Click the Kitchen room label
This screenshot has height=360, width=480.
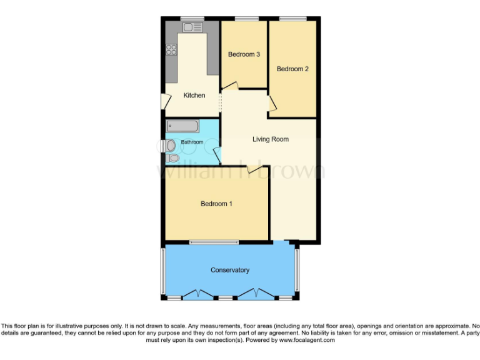click(x=194, y=96)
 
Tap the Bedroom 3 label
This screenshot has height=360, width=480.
click(x=244, y=54)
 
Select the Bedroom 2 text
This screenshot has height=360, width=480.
click(x=292, y=69)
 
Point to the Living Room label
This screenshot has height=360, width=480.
click(x=271, y=139)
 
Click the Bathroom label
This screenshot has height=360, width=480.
click(x=192, y=142)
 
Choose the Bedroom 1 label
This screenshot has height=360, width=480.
click(x=216, y=204)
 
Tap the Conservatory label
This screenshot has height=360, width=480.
click(x=230, y=270)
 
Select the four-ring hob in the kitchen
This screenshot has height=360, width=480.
click(x=171, y=51)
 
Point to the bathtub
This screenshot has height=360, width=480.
click(x=183, y=127)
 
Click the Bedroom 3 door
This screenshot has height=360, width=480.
click(x=230, y=86)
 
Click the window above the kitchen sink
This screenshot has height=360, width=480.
click(x=192, y=19)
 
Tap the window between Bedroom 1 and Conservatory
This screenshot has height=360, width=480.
click(x=214, y=242)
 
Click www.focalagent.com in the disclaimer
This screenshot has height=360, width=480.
click(x=307, y=341)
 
